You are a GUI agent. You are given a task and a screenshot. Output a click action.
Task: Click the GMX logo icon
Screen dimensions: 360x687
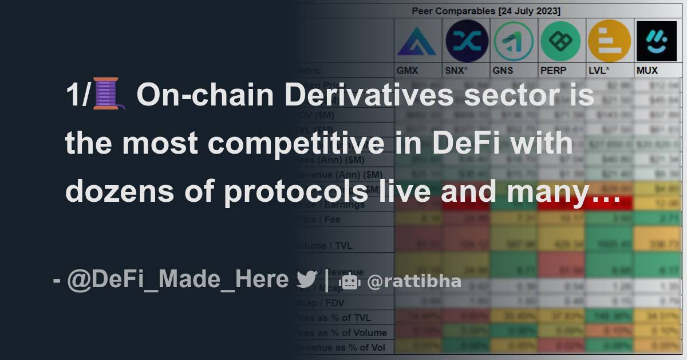point(417,41)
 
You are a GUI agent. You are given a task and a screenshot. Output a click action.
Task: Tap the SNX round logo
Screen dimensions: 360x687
point(467,41)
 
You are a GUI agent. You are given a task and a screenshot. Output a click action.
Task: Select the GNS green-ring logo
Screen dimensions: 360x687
point(514,41)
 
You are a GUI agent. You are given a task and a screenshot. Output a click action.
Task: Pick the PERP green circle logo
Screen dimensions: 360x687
point(561,41)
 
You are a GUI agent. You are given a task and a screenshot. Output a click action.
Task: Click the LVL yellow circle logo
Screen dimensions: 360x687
point(609,41)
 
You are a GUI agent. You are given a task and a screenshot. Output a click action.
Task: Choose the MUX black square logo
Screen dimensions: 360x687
point(656,41)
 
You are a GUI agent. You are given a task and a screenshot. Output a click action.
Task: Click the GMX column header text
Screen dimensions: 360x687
point(408,71)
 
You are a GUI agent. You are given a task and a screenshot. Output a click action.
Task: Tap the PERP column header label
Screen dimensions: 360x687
point(553,71)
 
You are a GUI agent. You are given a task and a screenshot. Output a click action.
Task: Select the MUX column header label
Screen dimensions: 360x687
point(647,71)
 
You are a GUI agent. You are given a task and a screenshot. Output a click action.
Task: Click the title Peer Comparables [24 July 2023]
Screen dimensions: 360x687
point(486,11)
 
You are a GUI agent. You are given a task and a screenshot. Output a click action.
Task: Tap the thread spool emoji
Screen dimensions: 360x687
point(109,95)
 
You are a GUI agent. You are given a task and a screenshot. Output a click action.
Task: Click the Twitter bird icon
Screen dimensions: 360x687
point(307,280)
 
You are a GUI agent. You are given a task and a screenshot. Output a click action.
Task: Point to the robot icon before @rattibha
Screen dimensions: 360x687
point(349,281)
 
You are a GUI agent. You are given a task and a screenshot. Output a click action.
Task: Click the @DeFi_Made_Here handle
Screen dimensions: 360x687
point(178,279)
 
